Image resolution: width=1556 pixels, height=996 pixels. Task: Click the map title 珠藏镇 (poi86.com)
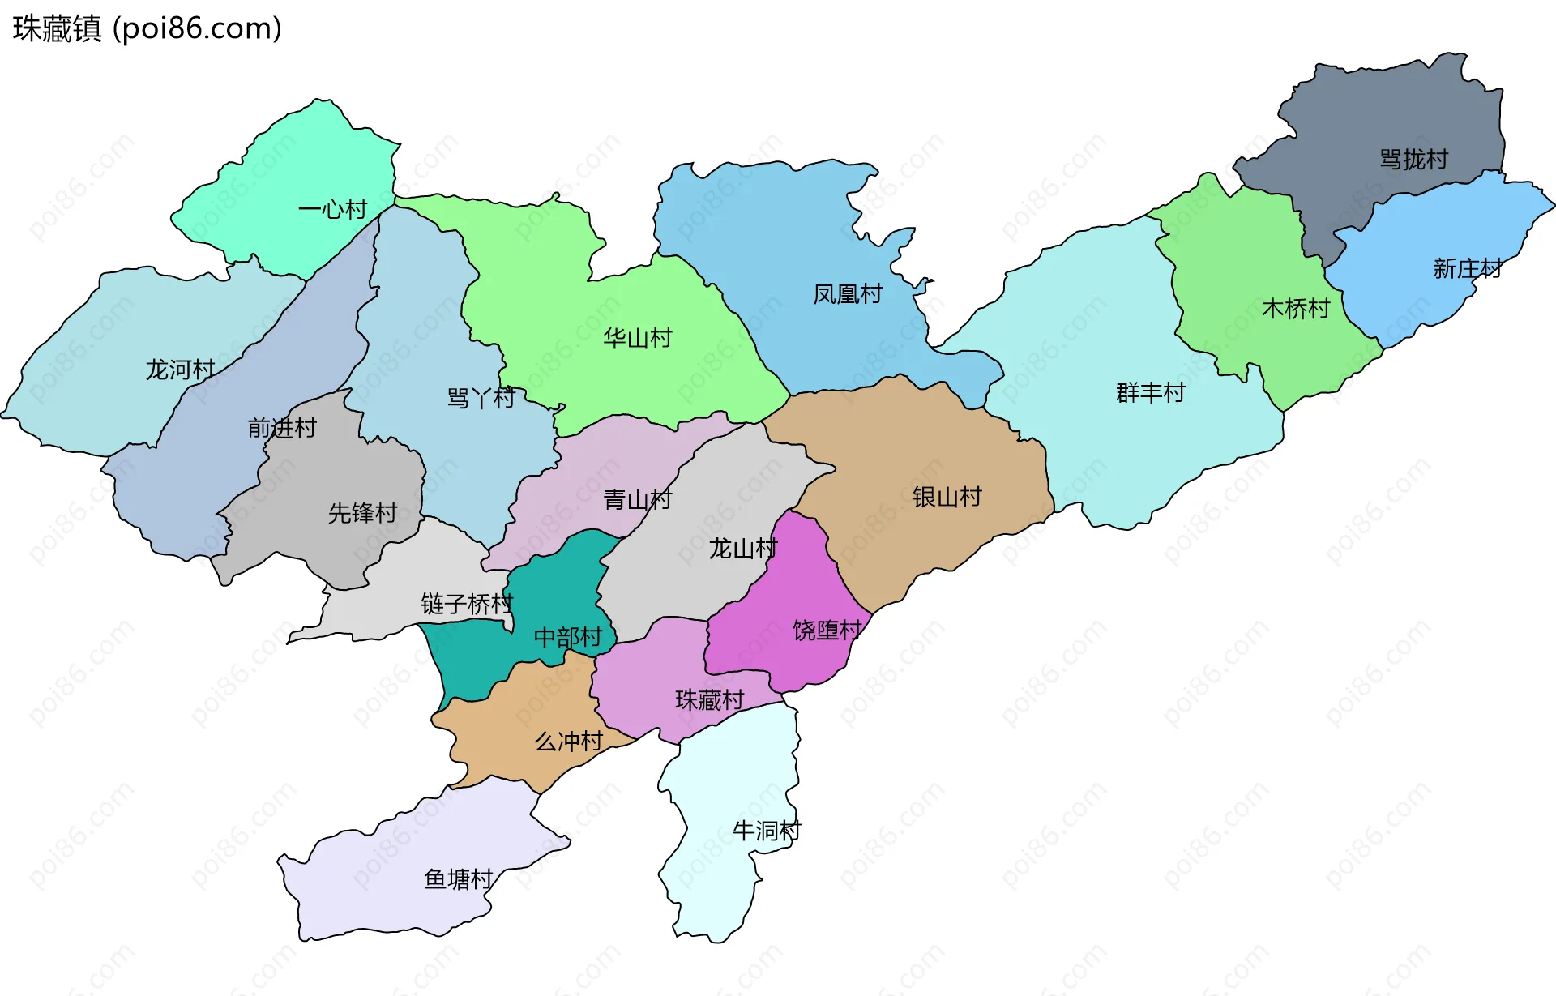147,28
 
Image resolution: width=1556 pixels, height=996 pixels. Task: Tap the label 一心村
332,210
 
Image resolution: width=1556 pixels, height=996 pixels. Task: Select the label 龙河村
180,370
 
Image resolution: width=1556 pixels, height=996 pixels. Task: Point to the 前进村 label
282,428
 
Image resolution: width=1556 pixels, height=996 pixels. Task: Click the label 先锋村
362,513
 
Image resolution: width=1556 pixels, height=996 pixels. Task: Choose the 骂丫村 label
481,399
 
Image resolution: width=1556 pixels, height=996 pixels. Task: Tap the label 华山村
638,338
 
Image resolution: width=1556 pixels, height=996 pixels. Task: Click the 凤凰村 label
848,294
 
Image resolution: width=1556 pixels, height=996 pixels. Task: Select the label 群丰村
1150,393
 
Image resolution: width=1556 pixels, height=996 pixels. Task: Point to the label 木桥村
1296,309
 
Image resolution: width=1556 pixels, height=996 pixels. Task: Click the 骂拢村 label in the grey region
1413,160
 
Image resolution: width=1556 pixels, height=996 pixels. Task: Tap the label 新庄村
1467,268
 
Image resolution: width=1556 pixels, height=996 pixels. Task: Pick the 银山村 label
947,497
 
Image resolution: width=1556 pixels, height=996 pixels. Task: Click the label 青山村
638,500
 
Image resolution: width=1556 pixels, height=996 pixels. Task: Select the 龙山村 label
742,549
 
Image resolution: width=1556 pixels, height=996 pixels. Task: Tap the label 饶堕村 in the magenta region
827,631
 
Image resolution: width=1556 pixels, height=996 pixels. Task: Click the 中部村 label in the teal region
567,638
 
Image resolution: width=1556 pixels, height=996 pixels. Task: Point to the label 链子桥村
467,604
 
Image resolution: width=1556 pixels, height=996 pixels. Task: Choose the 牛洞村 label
766,831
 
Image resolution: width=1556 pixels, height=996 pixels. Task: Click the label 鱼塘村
459,879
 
